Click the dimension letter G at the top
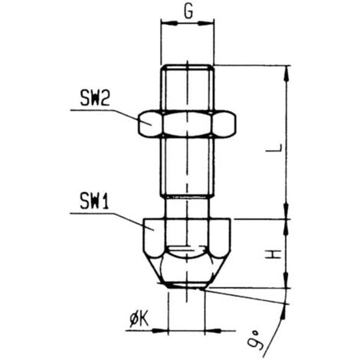point(188,13)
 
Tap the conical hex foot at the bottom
point(188,249)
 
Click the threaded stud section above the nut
point(188,88)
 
